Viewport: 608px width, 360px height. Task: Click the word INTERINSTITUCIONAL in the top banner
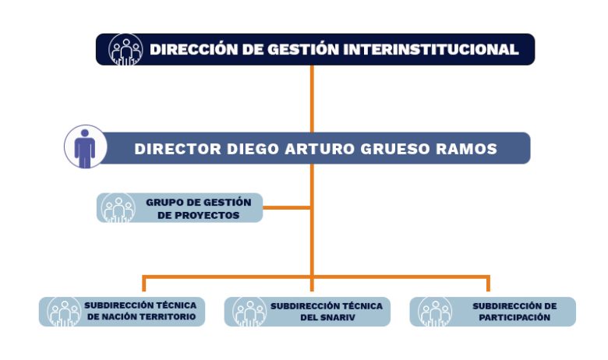click(x=431, y=50)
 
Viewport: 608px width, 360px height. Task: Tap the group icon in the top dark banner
click(x=125, y=50)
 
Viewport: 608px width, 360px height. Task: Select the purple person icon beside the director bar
click(x=85, y=146)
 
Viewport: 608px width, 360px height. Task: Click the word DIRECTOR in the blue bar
click(x=178, y=149)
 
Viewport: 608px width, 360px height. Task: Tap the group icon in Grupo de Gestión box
click(x=118, y=208)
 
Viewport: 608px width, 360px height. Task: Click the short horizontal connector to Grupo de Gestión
click(x=287, y=208)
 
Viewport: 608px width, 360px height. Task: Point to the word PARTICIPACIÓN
click(x=514, y=317)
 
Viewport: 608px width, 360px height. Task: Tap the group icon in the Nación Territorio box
click(x=65, y=312)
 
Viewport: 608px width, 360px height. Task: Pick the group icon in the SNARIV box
click(x=249, y=312)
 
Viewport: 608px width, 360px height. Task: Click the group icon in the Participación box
click(x=435, y=312)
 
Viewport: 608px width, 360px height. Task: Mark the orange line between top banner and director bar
click(x=312, y=99)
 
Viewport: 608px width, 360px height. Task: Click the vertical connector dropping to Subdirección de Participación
click(x=488, y=284)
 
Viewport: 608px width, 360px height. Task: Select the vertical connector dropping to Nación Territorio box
click(x=144, y=284)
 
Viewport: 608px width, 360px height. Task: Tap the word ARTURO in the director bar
click(x=320, y=149)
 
